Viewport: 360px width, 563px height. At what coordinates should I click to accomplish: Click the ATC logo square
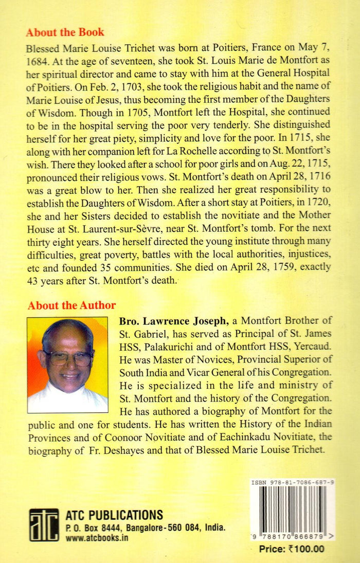click(x=44, y=524)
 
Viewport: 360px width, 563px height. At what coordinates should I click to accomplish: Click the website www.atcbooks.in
click(x=98, y=538)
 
